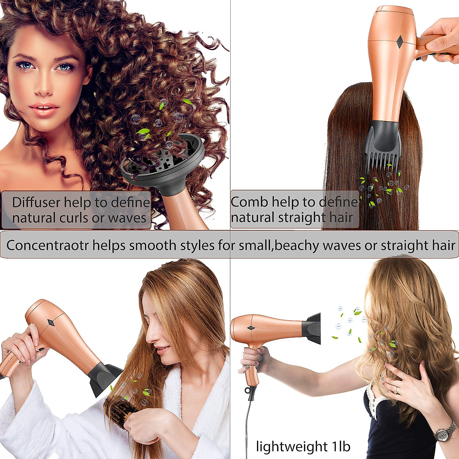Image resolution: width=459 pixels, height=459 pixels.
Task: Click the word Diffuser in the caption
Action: (36, 202)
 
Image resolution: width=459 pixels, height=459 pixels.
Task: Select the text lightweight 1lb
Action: (303, 446)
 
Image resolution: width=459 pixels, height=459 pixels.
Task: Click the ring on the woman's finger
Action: (396, 391)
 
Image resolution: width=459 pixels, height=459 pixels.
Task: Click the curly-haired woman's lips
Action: (44, 109)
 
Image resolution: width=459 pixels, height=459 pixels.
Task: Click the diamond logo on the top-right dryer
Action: (399, 42)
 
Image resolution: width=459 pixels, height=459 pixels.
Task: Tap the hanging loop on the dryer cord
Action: (251, 391)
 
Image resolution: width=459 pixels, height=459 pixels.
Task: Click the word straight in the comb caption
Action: (299, 218)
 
